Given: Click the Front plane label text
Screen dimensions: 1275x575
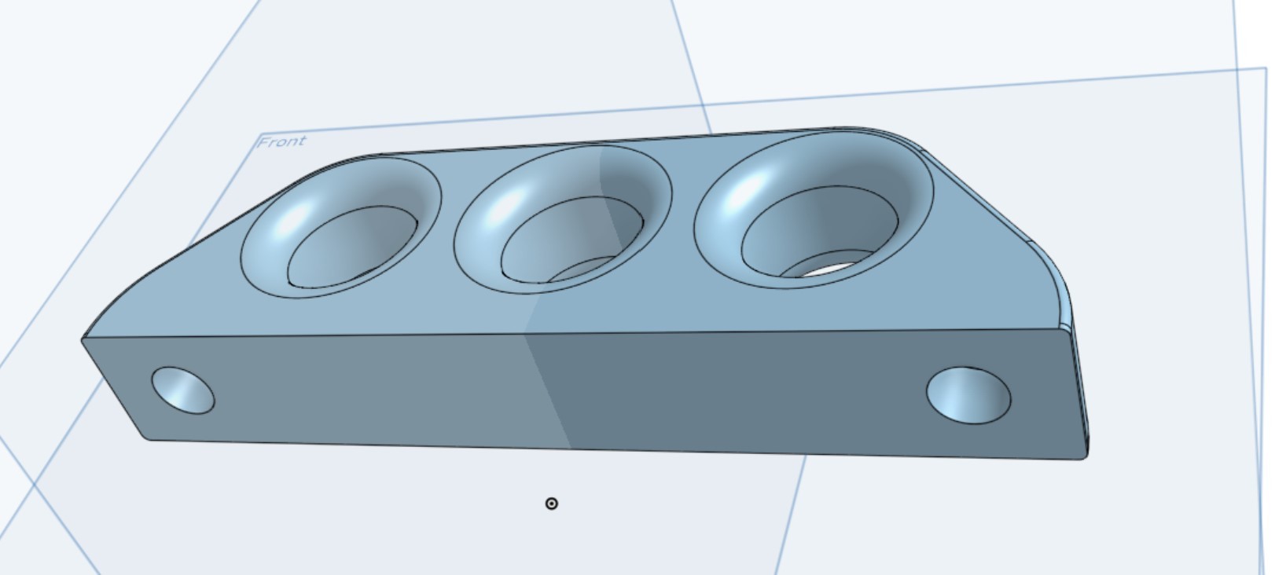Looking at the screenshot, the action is [x=281, y=141].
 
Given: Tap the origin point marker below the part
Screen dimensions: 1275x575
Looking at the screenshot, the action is [x=551, y=504].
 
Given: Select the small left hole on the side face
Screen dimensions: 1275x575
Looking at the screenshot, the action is [x=182, y=390].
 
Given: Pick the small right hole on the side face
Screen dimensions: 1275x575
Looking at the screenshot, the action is [x=968, y=395].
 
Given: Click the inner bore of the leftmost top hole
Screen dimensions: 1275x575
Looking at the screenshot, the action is [x=352, y=247].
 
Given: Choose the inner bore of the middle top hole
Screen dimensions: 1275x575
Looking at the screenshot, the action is [x=571, y=240].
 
